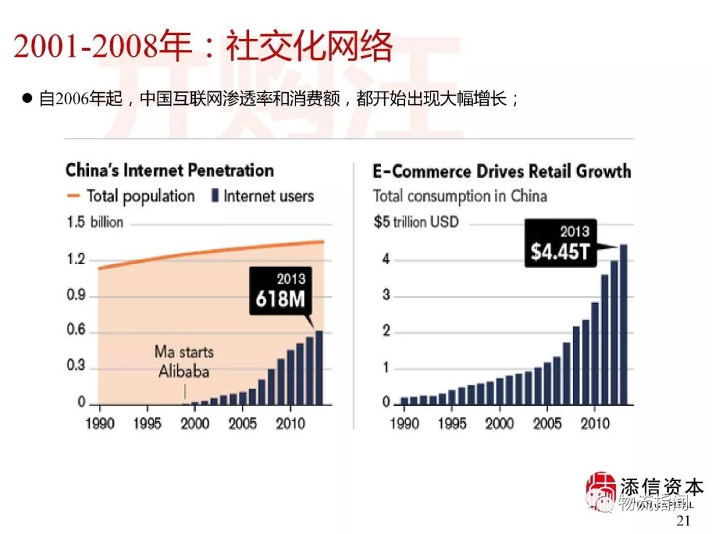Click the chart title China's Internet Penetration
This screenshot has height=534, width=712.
tap(169, 170)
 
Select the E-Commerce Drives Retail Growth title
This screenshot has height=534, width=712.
tap(502, 172)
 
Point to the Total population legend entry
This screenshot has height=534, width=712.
tap(131, 196)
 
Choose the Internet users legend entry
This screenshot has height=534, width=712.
tap(262, 196)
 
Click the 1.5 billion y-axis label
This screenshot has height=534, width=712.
tap(95, 222)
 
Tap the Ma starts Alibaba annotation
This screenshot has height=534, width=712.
tap(184, 361)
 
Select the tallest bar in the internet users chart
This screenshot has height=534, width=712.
tap(319, 367)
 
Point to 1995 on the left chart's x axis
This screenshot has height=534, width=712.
tap(146, 423)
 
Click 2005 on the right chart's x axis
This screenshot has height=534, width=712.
tap(547, 423)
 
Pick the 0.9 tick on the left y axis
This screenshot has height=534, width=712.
tap(77, 295)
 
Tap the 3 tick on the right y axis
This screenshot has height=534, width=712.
tap(386, 295)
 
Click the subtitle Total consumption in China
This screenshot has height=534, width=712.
tap(460, 196)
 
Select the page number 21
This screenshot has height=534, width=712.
tap(684, 521)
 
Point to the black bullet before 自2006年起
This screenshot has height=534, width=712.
tap(28, 99)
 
